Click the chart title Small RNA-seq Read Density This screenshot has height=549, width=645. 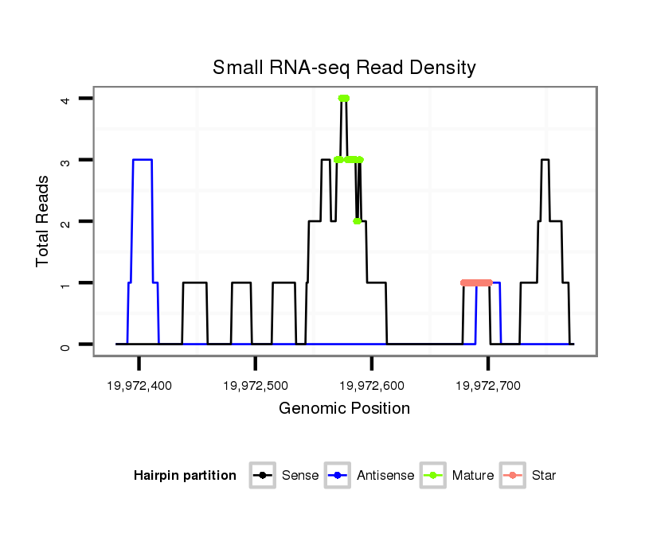pos(344,68)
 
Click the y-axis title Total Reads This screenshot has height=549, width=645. pos(44,220)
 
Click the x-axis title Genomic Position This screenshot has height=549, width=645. pos(344,409)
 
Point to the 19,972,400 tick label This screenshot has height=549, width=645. pos(139,386)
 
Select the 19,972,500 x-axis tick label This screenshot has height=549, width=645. pos(255,386)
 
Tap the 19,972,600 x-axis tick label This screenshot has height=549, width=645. pos(371,386)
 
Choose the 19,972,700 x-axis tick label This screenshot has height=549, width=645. pos(487,386)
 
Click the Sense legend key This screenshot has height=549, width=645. pos(263,476)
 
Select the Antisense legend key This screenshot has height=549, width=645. pos(339,476)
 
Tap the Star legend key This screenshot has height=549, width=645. pos(514,476)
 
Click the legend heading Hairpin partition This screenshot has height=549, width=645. pos(185,476)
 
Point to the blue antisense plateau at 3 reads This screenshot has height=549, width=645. pos(142,160)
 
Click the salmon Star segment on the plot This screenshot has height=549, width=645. pos(476,282)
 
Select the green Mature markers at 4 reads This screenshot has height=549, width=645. pos(343,99)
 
